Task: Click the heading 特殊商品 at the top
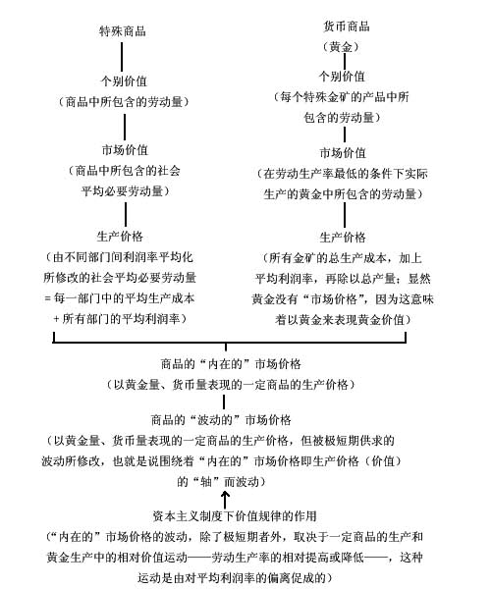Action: [122, 30]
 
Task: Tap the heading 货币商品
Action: [346, 27]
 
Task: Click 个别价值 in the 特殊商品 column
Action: [124, 80]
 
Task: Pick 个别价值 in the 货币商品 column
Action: [343, 77]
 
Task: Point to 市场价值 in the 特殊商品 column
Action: [125, 150]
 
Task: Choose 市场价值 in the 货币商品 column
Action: [343, 153]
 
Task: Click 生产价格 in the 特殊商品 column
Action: [120, 237]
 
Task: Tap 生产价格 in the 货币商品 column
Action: [343, 237]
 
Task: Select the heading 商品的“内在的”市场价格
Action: [231, 363]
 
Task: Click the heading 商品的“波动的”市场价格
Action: [221, 419]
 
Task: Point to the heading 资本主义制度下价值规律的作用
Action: [235, 515]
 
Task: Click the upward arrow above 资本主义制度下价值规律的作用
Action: [225, 500]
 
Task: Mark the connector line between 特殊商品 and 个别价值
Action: [122, 57]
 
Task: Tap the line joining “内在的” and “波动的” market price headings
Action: [224, 402]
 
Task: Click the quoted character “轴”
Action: [205, 482]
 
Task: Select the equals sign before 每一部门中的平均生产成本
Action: [47, 298]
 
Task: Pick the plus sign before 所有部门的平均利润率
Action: [56, 319]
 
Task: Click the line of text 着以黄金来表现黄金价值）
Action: [343, 320]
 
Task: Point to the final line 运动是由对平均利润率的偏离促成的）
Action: [235, 577]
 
